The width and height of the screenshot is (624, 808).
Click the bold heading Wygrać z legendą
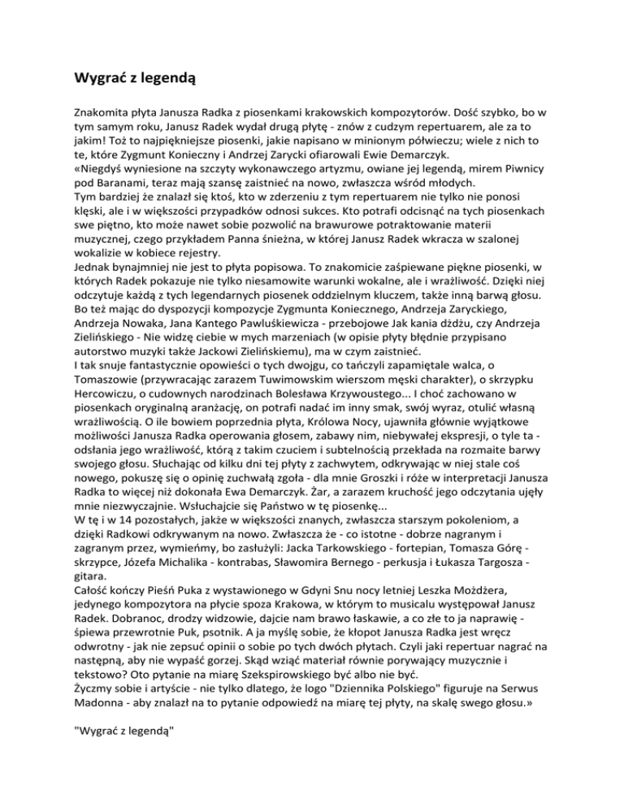pos(130,79)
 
